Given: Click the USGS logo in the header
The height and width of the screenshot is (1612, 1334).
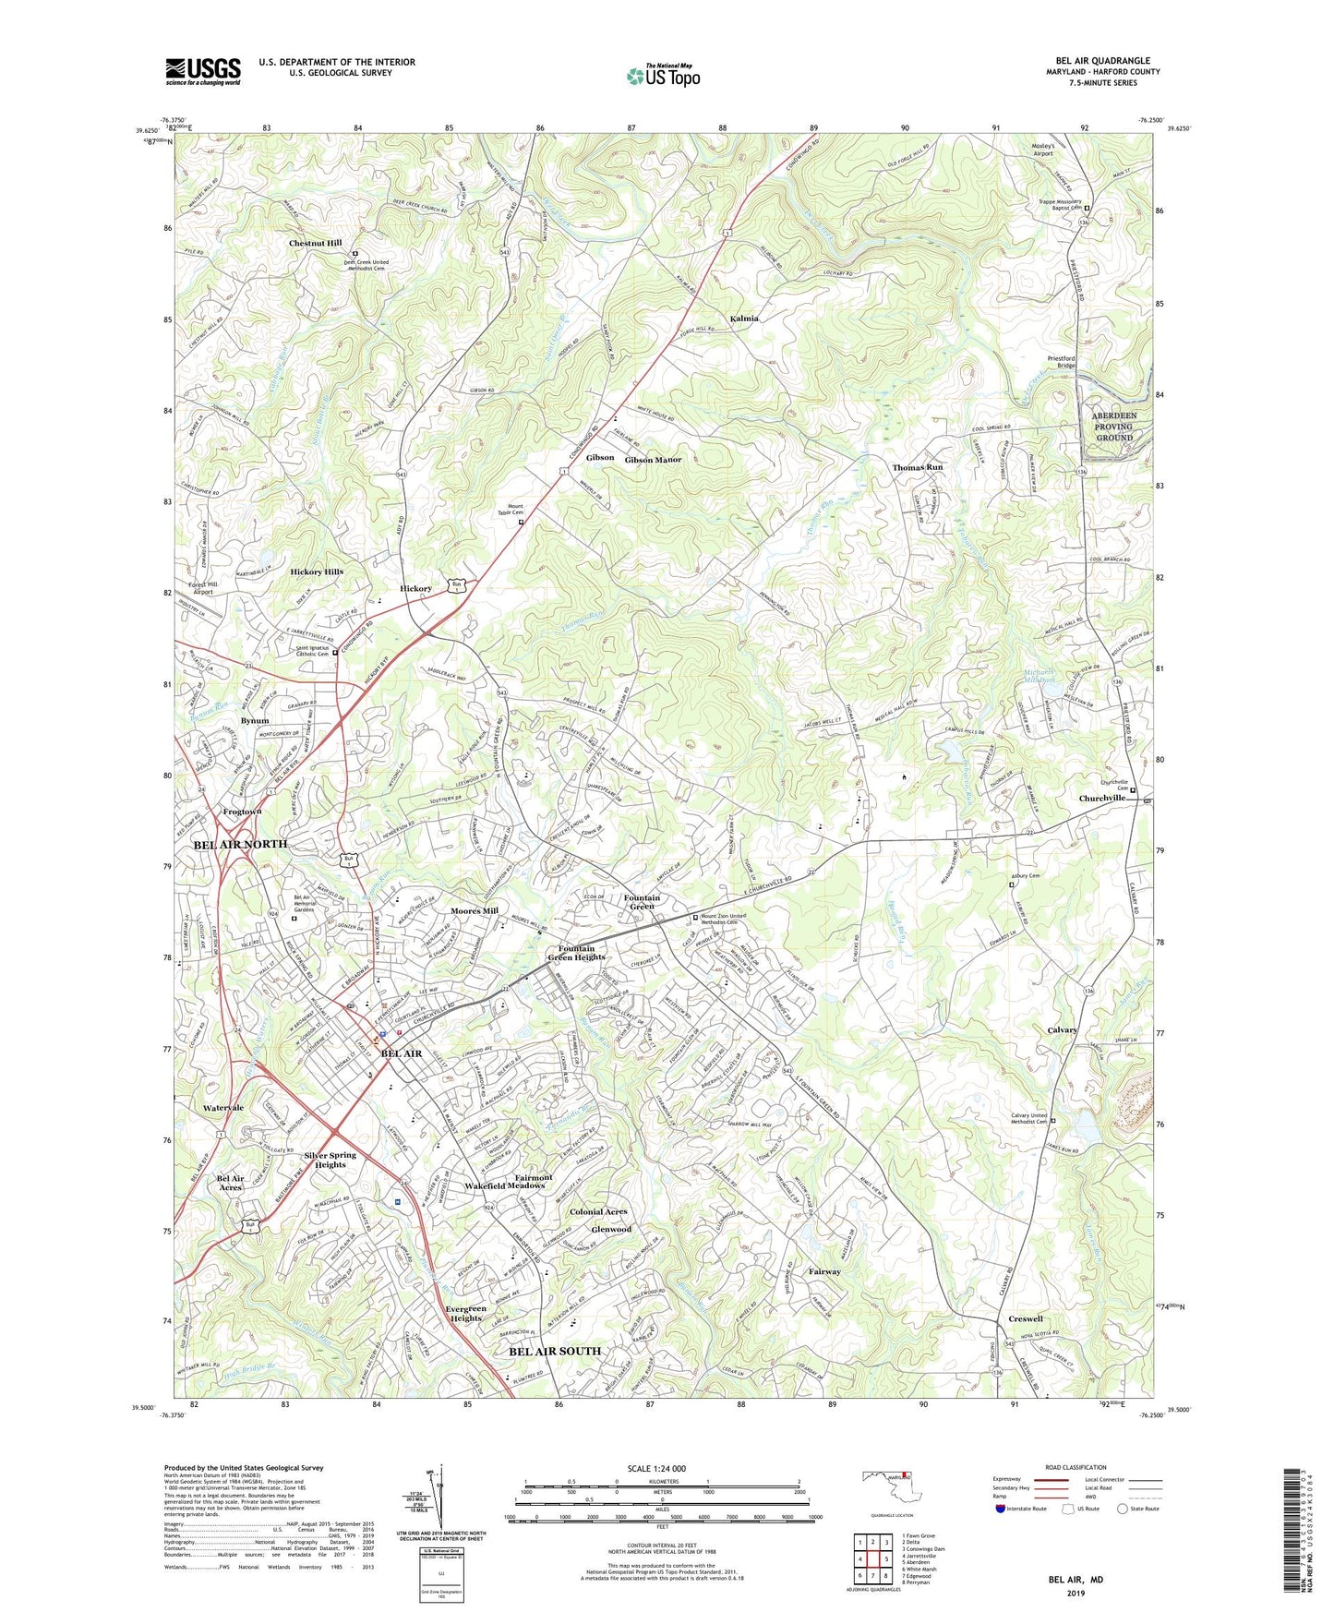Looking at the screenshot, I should (203, 71).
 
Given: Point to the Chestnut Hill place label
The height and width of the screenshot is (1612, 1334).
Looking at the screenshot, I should (315, 244).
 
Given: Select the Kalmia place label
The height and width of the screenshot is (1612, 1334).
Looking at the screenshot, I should (744, 319).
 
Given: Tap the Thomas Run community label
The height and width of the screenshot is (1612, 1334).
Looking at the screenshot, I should (917, 468).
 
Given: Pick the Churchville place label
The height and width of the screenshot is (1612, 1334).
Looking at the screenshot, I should (1101, 799).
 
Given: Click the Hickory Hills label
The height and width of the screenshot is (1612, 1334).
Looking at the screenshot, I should (317, 572).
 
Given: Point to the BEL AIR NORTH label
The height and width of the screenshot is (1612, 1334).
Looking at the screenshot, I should (240, 845).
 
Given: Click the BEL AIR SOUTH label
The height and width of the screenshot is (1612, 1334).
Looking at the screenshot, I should (555, 1351).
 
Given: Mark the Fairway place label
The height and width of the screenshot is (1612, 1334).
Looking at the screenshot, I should (824, 1271).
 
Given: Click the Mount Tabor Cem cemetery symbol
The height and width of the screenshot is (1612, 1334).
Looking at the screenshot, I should (521, 523).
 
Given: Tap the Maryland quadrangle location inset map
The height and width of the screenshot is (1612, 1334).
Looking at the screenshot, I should (885, 1487).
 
